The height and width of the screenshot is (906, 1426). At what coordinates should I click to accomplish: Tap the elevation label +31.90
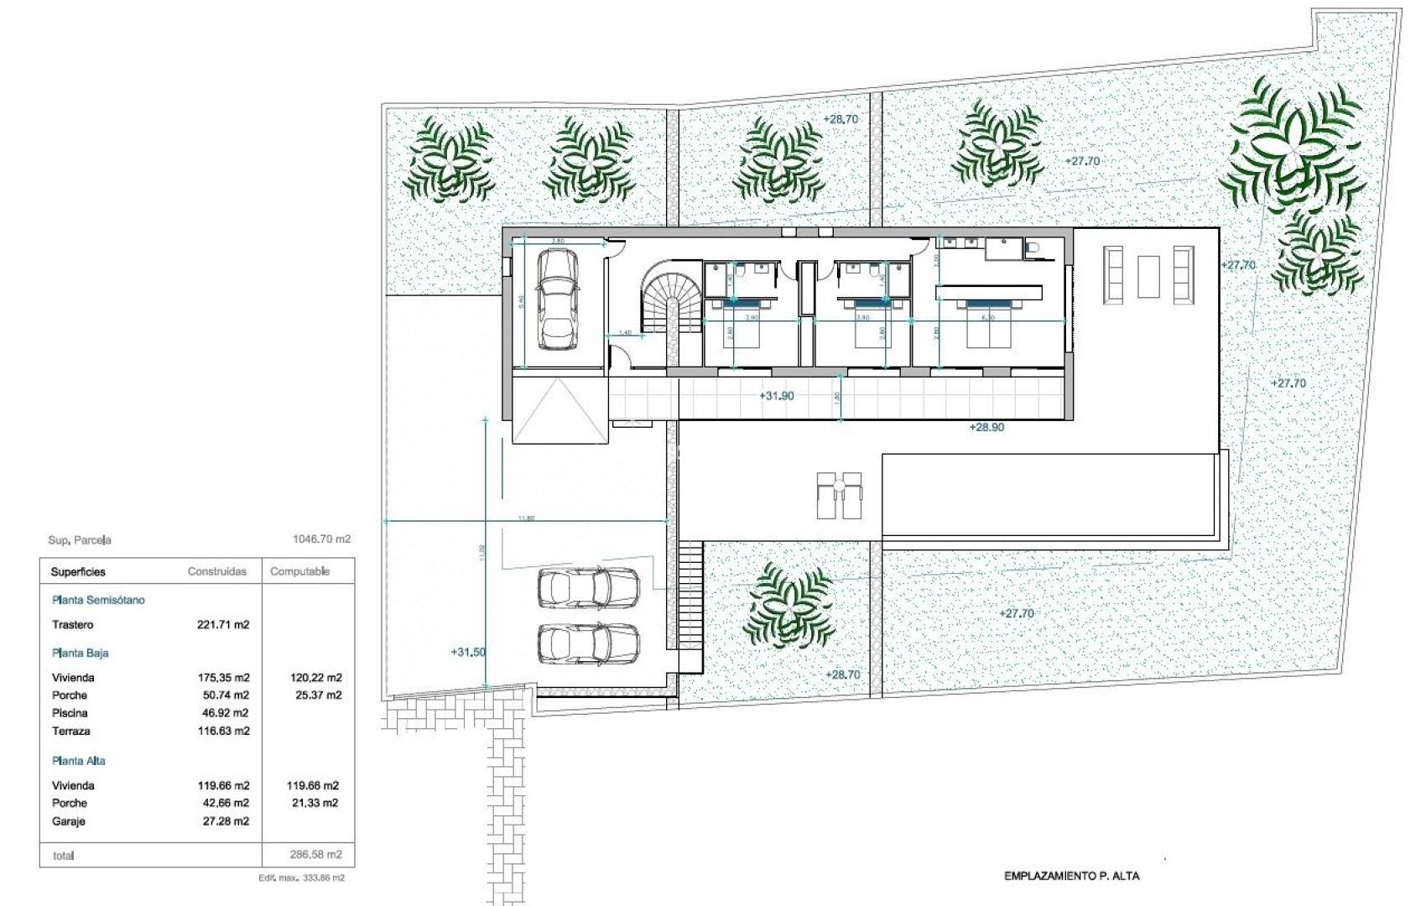click(x=776, y=395)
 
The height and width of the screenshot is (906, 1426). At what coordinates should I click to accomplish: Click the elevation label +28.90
click(x=986, y=427)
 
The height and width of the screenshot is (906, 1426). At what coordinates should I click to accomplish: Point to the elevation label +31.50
click(x=468, y=652)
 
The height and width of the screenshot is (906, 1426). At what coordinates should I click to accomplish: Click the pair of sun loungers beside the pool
click(x=839, y=495)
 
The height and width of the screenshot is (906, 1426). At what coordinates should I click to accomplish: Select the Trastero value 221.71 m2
click(x=223, y=625)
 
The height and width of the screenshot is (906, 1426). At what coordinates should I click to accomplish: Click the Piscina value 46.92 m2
click(x=223, y=713)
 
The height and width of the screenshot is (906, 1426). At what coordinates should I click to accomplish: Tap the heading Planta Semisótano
click(x=98, y=600)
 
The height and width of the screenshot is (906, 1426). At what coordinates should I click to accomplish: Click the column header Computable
click(x=299, y=571)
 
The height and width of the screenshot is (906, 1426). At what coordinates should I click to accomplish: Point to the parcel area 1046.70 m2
click(x=321, y=539)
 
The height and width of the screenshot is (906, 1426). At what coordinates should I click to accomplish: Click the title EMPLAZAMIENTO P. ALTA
click(x=1071, y=876)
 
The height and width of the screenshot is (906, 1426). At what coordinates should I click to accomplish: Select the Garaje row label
click(x=68, y=821)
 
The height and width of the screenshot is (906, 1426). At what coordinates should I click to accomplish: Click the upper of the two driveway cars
click(x=587, y=586)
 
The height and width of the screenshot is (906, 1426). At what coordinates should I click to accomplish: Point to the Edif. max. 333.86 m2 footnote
click(x=302, y=877)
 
